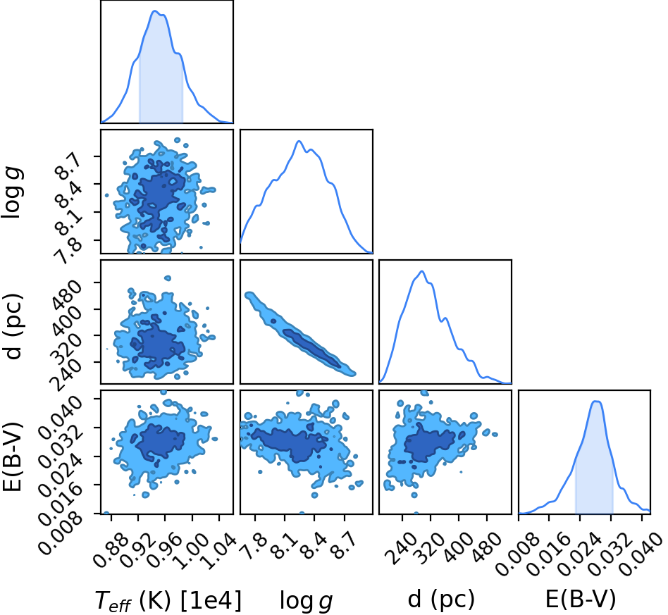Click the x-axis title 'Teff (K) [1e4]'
point(168,600)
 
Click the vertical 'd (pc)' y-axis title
point(13,326)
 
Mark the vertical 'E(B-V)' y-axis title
point(12,456)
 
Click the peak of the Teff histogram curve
point(154,11)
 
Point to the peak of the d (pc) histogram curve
point(422,271)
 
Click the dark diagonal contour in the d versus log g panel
point(311,347)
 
